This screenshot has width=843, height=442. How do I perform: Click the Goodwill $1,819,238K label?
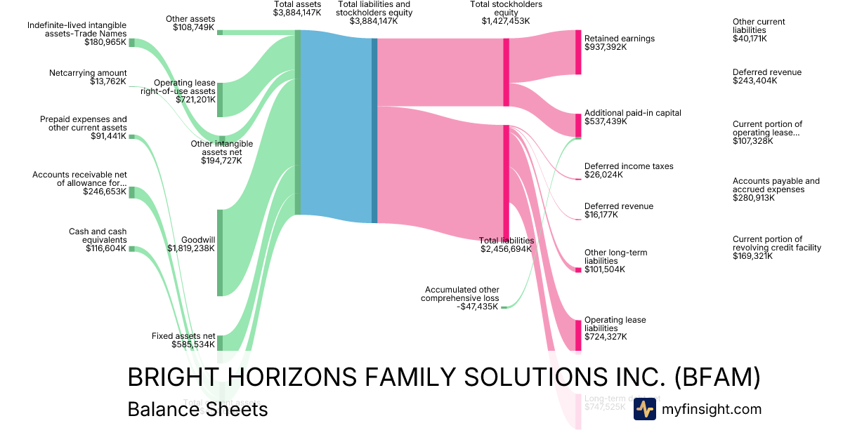[x=190, y=243]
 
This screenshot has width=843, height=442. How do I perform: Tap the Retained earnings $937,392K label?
[x=619, y=43]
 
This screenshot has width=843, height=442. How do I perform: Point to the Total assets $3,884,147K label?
[x=297, y=9]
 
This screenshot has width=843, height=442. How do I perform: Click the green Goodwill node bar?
[x=219, y=253]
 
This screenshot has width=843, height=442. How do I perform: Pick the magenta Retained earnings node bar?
[x=578, y=52]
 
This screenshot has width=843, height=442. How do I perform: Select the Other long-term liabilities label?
[x=615, y=261]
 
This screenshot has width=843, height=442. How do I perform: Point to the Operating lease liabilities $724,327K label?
[x=615, y=328]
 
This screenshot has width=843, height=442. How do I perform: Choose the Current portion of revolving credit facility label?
[x=776, y=248]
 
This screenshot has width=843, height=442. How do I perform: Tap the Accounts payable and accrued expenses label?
[x=776, y=189]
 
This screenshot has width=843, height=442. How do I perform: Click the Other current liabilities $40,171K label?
[x=759, y=30]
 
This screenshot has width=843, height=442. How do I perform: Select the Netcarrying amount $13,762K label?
[x=88, y=77]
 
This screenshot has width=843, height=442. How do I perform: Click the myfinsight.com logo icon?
[x=644, y=409]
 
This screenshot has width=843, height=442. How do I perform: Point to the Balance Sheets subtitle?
[x=197, y=409]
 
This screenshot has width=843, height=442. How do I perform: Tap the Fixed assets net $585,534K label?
[x=183, y=340]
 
